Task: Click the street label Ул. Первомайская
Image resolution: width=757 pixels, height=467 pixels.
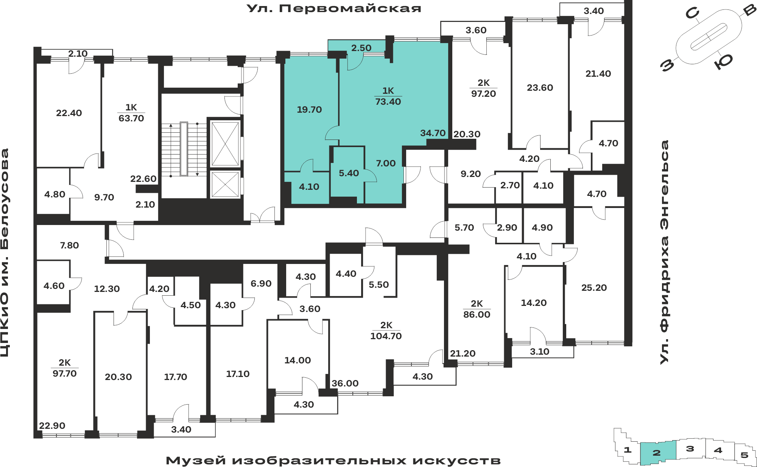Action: (334, 8)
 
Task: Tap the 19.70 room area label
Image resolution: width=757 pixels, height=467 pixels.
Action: (309, 110)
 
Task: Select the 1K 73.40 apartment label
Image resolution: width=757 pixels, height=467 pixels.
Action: (388, 96)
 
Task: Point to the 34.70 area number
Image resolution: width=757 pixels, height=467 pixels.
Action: (433, 133)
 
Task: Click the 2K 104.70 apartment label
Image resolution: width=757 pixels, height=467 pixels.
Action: (386, 330)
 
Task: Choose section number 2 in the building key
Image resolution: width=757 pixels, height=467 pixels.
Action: (657, 453)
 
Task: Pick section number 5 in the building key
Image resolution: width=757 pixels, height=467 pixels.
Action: (745, 455)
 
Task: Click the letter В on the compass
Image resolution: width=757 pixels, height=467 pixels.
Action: (749, 10)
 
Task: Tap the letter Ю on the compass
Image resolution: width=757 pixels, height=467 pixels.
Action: (723, 61)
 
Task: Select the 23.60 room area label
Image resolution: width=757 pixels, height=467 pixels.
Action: (540, 88)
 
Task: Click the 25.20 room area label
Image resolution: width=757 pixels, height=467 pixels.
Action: (594, 288)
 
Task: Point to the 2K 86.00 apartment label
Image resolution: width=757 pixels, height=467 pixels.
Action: (477, 309)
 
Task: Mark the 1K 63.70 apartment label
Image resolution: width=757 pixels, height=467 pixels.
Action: (131, 113)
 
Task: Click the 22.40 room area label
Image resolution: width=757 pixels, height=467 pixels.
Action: (69, 113)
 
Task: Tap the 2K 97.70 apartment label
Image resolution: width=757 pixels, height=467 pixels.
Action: (65, 368)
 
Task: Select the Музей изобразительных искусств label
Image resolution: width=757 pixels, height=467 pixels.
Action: (333, 461)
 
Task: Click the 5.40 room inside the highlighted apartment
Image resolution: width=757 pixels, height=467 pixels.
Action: (349, 173)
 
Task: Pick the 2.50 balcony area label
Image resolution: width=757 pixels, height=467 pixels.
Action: (361, 48)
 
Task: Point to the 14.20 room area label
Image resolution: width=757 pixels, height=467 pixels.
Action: (534, 303)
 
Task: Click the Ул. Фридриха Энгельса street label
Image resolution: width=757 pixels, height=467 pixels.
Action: (664, 252)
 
